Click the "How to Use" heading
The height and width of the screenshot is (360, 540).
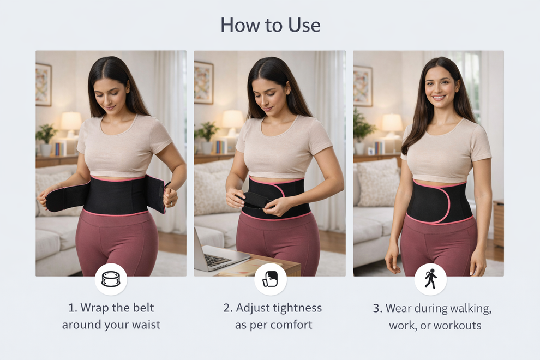point(270,25)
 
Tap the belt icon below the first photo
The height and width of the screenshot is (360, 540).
point(111,279)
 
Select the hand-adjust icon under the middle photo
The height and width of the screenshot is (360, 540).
point(270,279)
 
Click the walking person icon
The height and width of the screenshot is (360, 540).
point(430,279)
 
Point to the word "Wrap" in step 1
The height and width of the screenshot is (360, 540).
point(94,308)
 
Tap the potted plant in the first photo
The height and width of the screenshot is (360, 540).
point(46,136)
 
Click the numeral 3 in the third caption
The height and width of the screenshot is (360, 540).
point(377,308)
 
